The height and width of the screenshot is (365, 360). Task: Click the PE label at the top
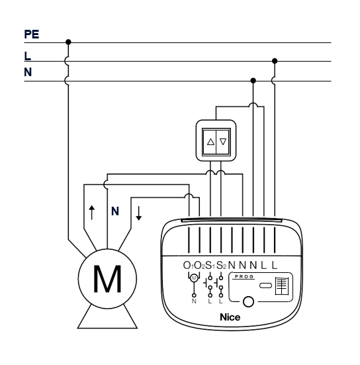[x=32, y=34]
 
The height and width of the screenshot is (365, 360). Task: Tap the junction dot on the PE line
[x=68, y=42]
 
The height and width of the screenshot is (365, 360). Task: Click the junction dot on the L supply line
[x=275, y=61]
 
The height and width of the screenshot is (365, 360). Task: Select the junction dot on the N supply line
[x=253, y=81]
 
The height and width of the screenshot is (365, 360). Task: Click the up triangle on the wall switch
[x=210, y=142]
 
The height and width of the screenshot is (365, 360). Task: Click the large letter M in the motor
[x=107, y=279]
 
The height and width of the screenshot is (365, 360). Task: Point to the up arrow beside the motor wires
[x=92, y=213]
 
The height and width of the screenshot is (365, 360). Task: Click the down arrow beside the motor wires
[x=138, y=213]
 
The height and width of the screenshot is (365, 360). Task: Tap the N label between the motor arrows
[x=115, y=211]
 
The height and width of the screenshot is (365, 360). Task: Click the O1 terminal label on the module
[x=188, y=266]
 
